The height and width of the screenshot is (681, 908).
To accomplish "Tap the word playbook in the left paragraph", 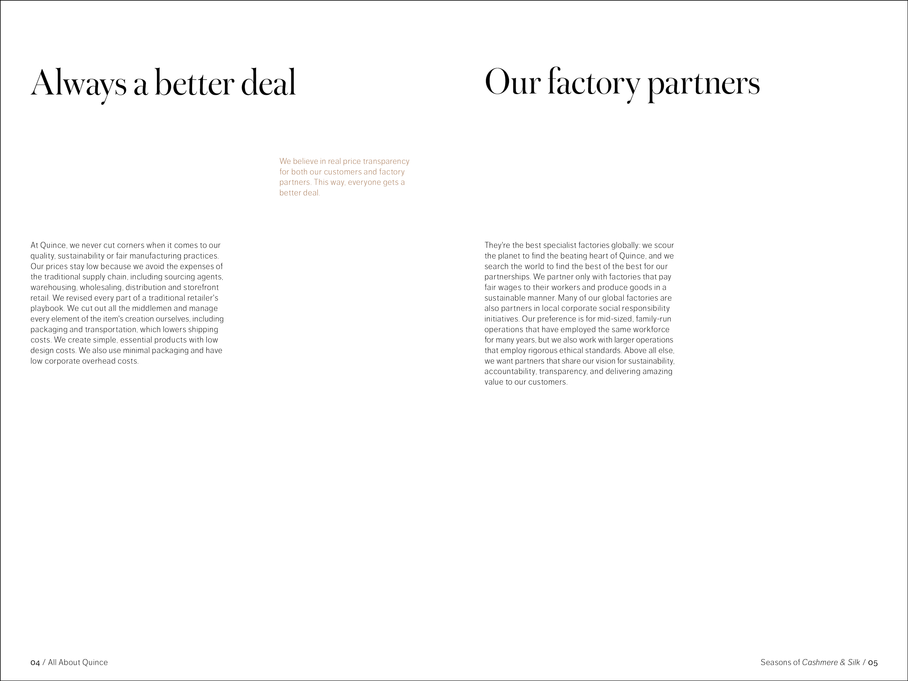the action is [47, 308].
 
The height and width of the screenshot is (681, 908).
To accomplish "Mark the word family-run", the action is [653, 319].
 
